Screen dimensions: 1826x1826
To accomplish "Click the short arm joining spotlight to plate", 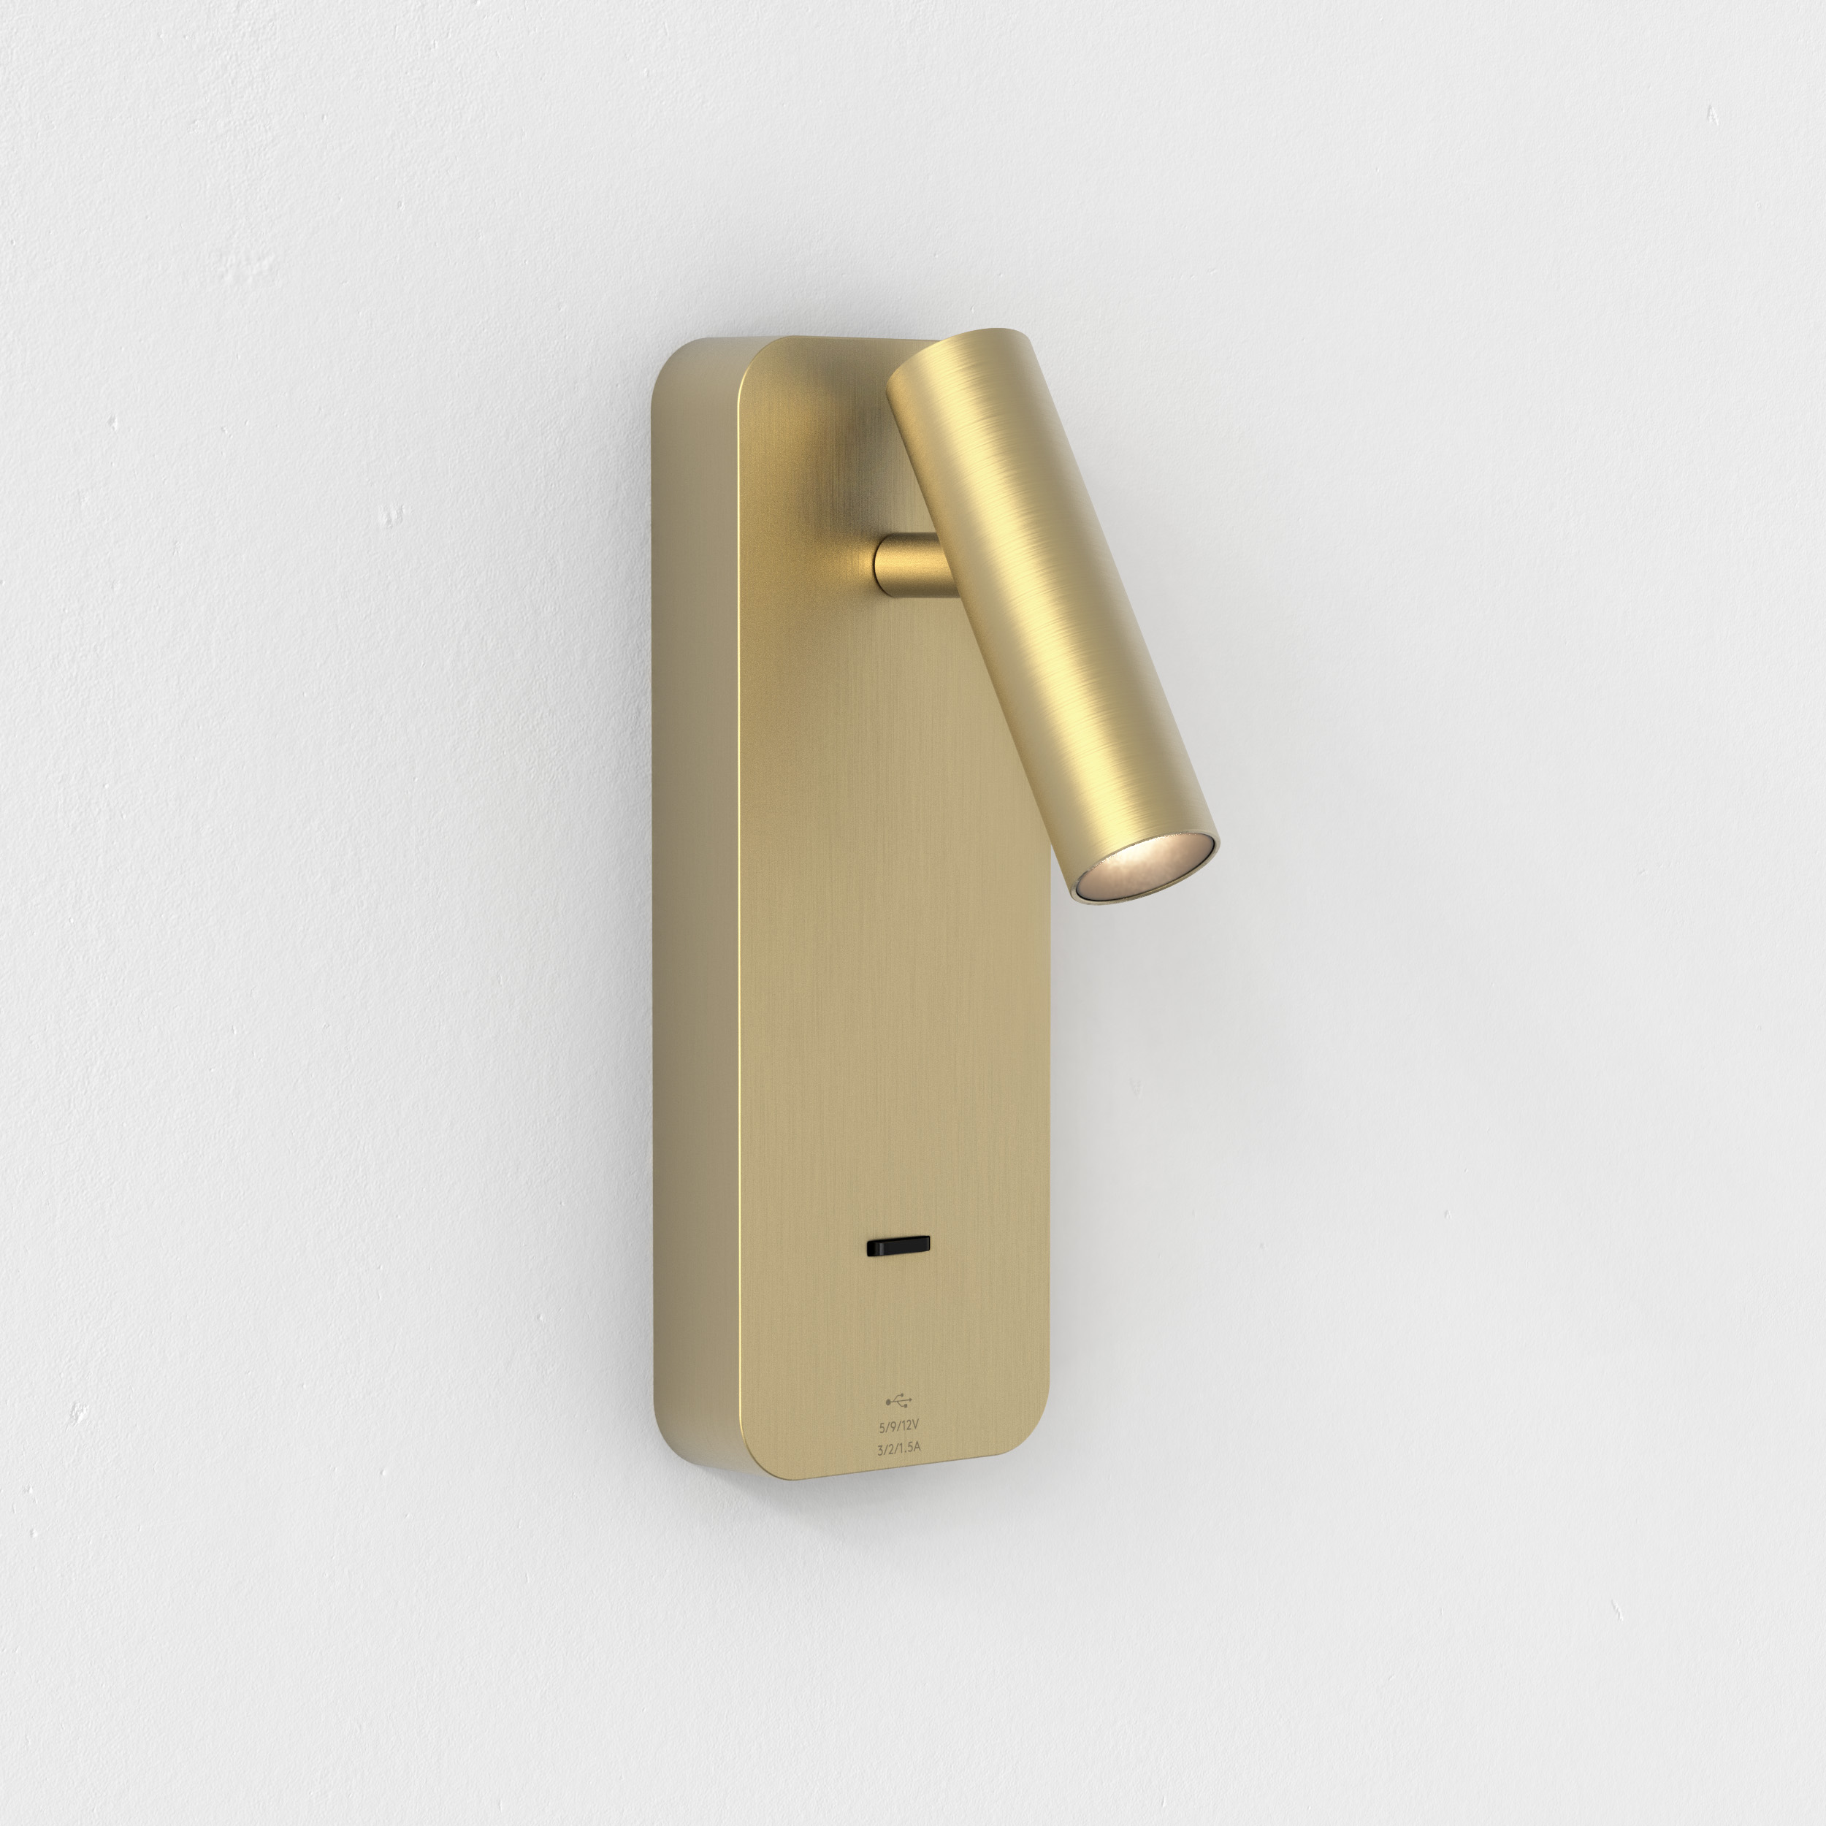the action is pos(907,566).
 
